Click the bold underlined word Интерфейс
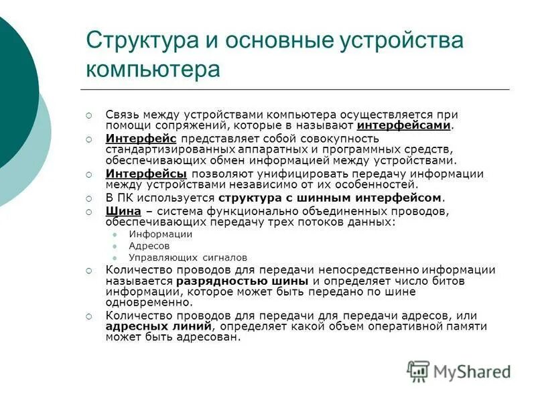pyautogui.click(x=141, y=138)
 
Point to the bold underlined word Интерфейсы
pyautogui.click(x=146, y=174)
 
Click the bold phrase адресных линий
pyautogui.click(x=159, y=326)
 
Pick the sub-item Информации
pyautogui.click(x=160, y=234)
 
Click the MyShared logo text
pyautogui.click(x=472, y=371)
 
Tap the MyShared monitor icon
pyautogui.click(x=419, y=371)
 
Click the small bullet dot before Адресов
pyautogui.click(x=115, y=246)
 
